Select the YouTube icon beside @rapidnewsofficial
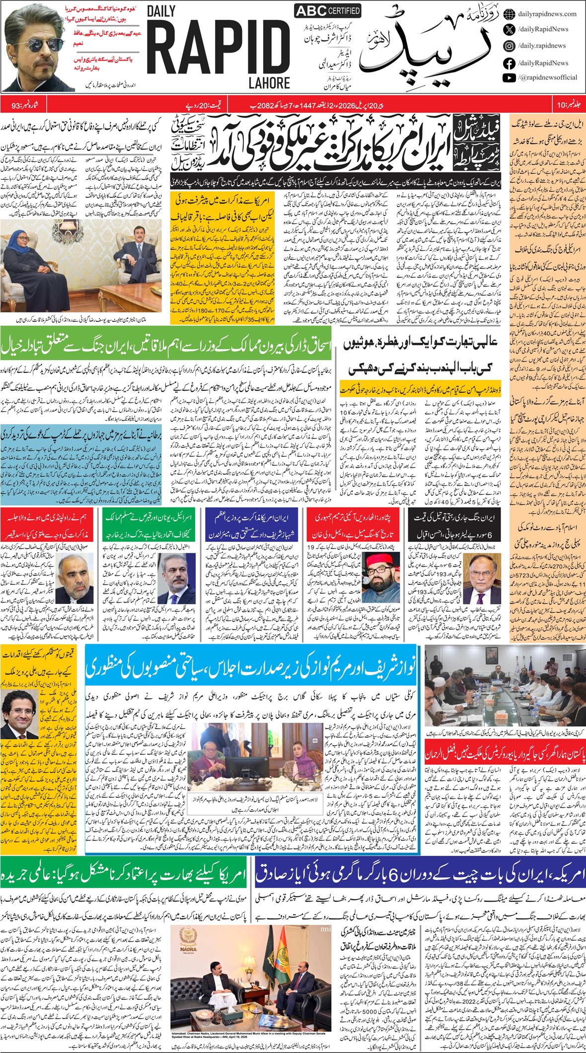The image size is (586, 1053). pyautogui.click(x=509, y=77)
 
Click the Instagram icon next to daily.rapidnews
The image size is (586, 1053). pyautogui.click(x=509, y=46)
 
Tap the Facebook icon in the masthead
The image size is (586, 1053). pyautogui.click(x=509, y=63)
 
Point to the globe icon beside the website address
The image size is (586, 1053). pyautogui.click(x=509, y=14)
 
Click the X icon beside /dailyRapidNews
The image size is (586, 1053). pyautogui.click(x=509, y=30)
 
